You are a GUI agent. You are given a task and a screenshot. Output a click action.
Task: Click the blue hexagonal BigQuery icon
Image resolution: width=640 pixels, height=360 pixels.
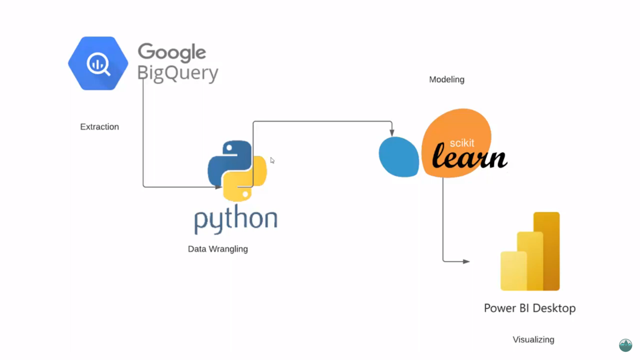98,63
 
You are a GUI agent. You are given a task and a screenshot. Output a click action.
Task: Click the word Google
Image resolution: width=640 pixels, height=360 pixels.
172,52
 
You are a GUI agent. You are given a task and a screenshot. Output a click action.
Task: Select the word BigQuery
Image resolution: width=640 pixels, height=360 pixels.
178,73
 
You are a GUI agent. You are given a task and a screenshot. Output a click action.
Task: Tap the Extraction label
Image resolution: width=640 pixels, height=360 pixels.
100,127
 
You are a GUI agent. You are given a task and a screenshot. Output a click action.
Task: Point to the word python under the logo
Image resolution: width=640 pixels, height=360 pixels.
236,219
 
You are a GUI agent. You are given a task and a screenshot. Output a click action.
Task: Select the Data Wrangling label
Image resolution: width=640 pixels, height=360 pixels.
218,249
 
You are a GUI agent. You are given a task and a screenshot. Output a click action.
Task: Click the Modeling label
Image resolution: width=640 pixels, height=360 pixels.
447,80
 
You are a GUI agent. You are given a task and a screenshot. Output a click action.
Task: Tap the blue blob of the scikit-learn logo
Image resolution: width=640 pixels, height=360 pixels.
398,157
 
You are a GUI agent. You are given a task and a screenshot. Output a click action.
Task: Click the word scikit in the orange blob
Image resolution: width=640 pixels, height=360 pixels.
462,143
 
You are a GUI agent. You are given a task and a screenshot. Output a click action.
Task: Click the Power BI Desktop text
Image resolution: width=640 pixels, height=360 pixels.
530,308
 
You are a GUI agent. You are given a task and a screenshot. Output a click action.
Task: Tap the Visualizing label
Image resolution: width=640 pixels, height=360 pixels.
534,340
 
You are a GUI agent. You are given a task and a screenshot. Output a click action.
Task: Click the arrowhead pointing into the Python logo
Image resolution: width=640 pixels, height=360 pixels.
218,187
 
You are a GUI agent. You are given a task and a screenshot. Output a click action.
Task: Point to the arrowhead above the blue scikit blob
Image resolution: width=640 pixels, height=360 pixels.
392,132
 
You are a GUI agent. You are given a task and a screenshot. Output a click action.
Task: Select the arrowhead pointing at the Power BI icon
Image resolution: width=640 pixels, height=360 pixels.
466,262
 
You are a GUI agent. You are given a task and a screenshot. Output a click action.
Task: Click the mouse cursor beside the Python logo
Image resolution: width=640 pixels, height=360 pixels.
272,160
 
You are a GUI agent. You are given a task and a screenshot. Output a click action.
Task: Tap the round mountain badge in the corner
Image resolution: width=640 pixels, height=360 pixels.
626,345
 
